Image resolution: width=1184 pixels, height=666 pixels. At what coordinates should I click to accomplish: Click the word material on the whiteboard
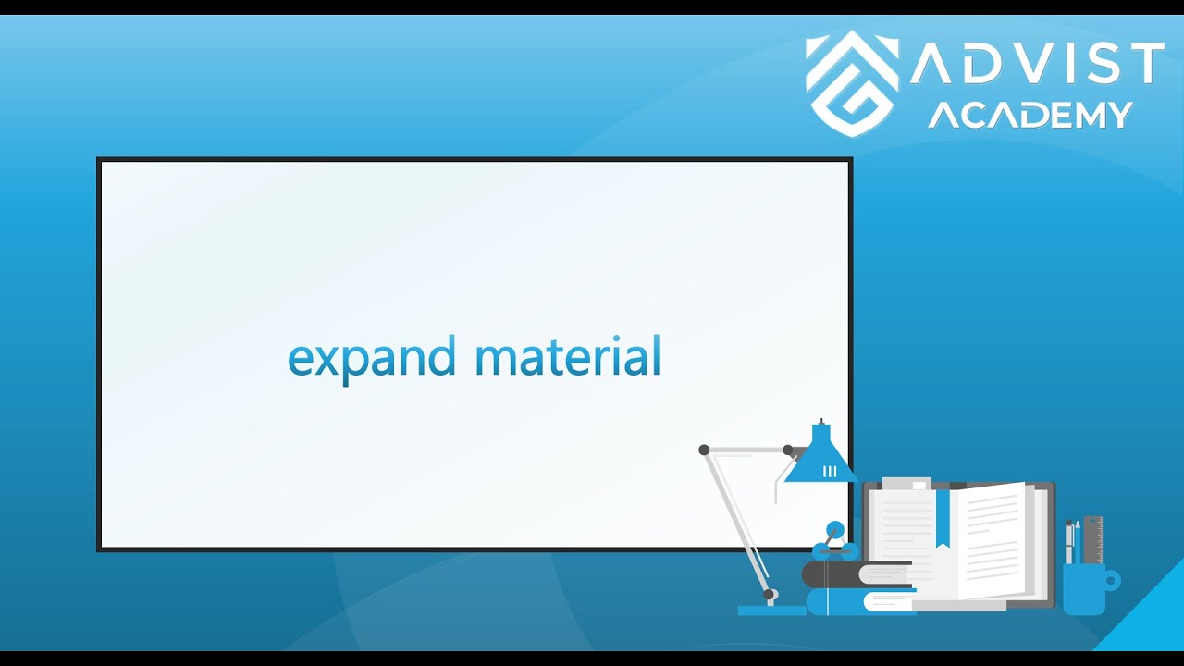pos(567,356)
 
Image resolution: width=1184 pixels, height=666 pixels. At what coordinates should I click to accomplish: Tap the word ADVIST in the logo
pos(1036,64)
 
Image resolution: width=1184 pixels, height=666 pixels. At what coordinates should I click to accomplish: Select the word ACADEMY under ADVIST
pos(1030,115)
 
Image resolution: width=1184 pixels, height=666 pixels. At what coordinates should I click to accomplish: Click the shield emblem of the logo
pos(852,83)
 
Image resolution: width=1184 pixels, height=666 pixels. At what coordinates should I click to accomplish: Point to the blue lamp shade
pos(820,459)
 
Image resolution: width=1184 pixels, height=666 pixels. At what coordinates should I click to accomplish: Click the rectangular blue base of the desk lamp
pos(771,610)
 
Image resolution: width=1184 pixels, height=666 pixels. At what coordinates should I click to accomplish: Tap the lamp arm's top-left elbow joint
pos(704,450)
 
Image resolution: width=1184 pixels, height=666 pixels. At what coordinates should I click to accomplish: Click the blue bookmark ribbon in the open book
pos(943,517)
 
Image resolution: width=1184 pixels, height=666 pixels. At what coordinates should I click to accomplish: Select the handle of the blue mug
pos(1111,581)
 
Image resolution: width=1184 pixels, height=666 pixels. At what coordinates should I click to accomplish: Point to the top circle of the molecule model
pos(835,529)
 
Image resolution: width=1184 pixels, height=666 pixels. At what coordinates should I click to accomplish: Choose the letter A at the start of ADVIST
pos(934,64)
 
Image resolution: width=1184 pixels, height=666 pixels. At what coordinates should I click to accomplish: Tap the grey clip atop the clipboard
pos(906,484)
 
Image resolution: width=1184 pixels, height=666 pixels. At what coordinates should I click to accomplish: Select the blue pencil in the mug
pos(1078,541)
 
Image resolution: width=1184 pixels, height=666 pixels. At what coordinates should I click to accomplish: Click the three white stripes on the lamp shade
pos(830,471)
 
